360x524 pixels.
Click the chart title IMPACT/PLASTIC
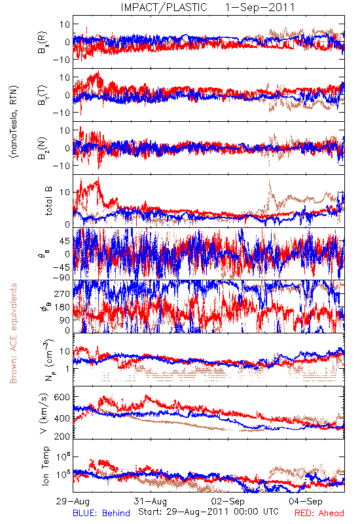pos(164,7)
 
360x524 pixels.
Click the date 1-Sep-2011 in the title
pos(260,7)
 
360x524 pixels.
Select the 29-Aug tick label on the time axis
pos(73,501)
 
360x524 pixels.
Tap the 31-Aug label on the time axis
pos(151,501)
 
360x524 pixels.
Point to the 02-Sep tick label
pos(228,501)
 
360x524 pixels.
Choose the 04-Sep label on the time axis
pos(306,501)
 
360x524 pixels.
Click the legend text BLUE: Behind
pos(101,513)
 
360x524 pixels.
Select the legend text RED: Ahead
pos(319,513)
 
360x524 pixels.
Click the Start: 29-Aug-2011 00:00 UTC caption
pos(208,512)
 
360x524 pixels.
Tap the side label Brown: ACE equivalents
pos(13,333)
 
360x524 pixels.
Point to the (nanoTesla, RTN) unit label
pos(14,122)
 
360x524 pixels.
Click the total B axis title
pos(48,201)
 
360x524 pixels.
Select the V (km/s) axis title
pos(45,413)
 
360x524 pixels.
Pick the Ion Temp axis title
pos(45,466)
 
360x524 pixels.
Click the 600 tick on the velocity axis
pos(62,397)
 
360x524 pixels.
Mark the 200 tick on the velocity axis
pos(62,436)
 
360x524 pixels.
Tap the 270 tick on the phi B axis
pos(62,293)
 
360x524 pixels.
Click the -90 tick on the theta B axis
pos(61,278)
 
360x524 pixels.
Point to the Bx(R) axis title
pos(43,42)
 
